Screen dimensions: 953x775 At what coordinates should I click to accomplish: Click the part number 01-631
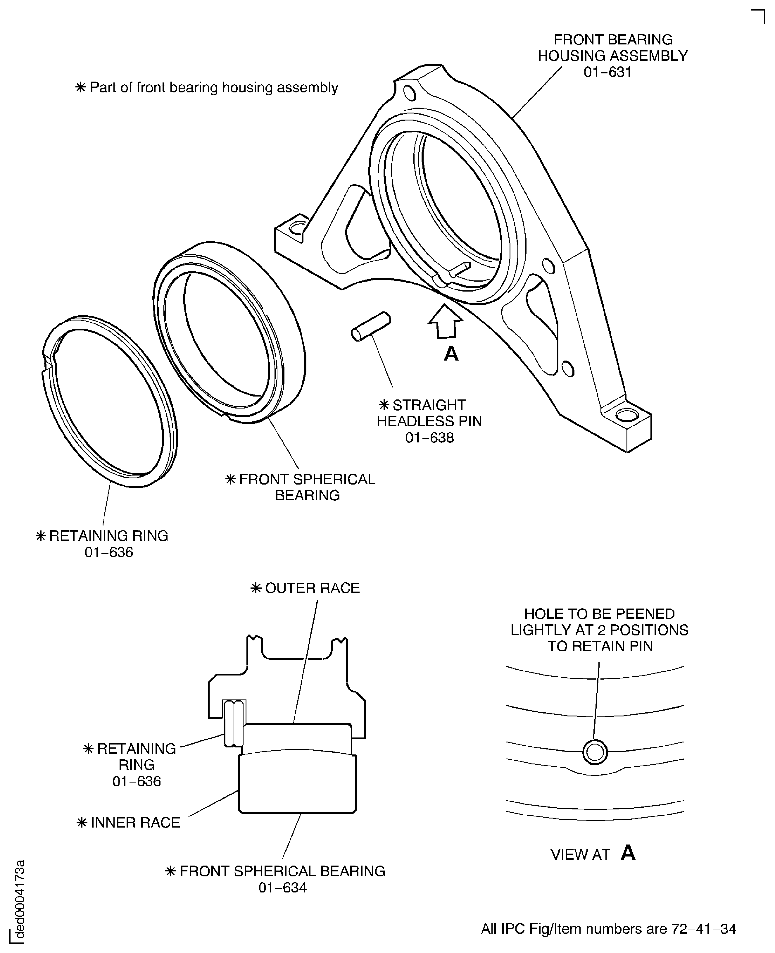click(607, 72)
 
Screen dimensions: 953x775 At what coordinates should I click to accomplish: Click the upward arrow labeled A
click(445, 321)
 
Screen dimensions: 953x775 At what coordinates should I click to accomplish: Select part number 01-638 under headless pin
click(429, 438)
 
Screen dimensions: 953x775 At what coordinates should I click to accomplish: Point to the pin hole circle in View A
click(595, 752)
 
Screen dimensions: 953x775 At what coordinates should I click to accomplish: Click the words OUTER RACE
click(312, 588)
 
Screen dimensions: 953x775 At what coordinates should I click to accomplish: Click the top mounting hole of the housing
click(409, 93)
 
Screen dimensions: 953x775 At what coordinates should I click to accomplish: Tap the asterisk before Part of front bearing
click(81, 87)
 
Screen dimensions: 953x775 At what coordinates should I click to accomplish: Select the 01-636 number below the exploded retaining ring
click(109, 552)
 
